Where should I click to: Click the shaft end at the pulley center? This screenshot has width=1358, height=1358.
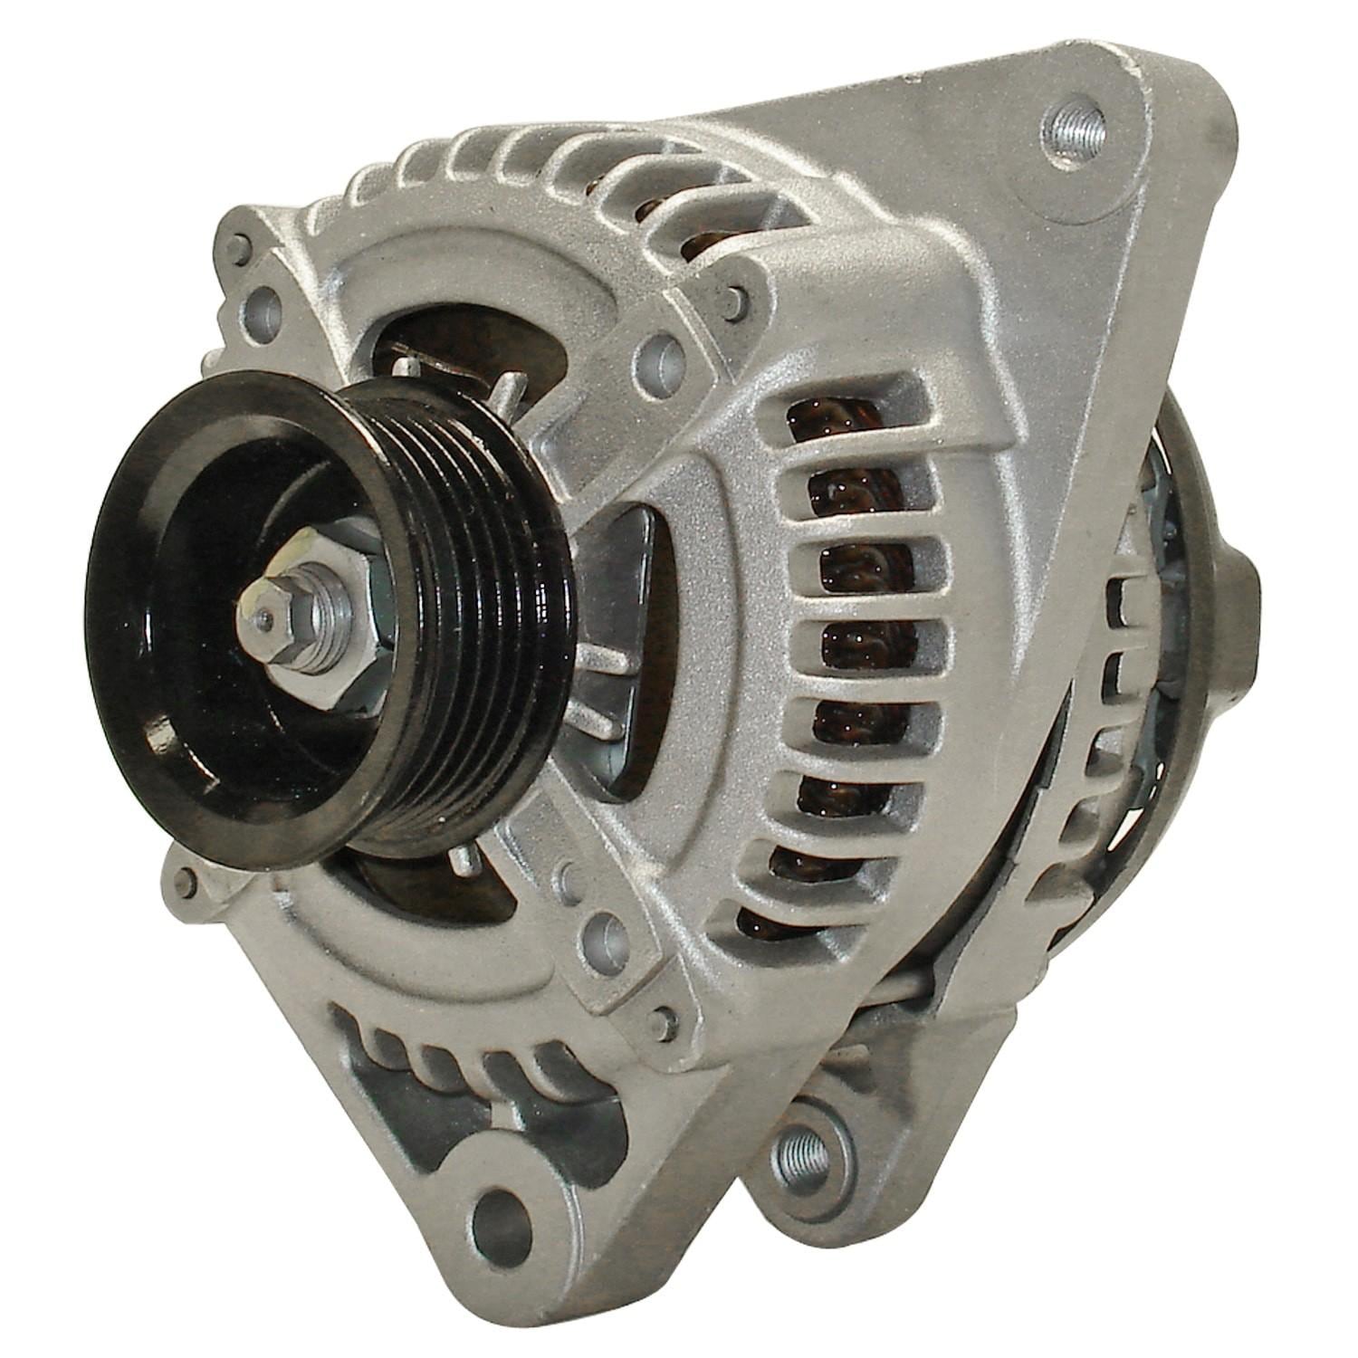[265, 618]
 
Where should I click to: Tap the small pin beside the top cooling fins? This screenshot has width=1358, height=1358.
[737, 295]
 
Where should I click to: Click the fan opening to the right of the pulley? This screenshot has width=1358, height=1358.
[625, 652]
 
